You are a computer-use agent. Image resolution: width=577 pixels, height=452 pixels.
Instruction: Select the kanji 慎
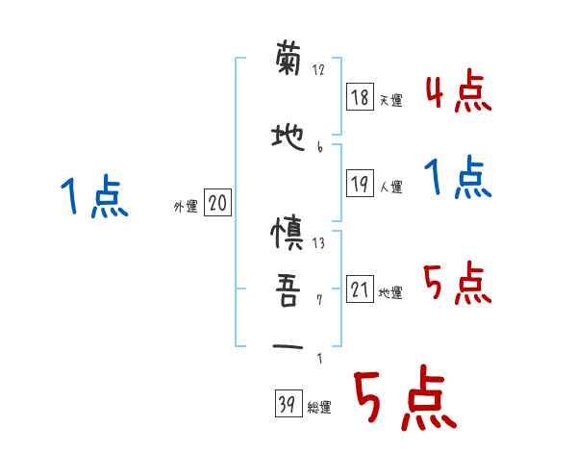click(x=288, y=235)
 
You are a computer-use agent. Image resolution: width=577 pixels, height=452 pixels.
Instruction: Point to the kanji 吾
click(x=288, y=290)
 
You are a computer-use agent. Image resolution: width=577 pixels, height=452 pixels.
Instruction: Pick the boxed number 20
click(x=218, y=203)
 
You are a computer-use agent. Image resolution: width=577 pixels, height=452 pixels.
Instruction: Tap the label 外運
click(x=185, y=205)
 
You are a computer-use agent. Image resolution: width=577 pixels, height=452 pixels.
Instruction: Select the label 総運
click(x=318, y=408)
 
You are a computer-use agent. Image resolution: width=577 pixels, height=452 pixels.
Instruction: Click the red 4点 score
click(x=457, y=91)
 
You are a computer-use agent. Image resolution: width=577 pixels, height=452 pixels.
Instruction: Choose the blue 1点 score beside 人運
click(x=457, y=180)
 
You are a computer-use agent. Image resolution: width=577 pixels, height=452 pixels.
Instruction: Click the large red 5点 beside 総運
click(x=403, y=400)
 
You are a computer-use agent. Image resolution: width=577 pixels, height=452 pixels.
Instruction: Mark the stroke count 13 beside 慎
click(x=318, y=242)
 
